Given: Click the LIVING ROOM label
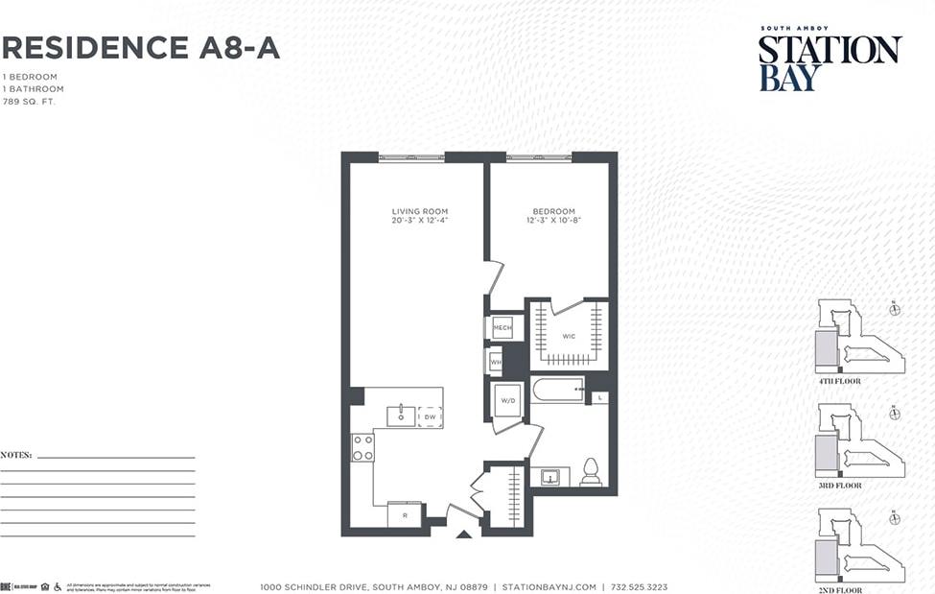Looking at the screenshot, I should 419,211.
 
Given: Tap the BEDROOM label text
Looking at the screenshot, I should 553,211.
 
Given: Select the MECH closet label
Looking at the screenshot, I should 503,329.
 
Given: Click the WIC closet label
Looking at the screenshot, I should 569,336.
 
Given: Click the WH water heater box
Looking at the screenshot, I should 496,363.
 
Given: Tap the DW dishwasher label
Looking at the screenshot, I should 430,416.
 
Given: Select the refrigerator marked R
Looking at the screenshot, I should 404,516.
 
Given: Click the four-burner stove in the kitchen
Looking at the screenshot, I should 362,447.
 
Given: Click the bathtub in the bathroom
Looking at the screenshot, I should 557,390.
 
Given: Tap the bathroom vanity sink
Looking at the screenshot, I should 549,476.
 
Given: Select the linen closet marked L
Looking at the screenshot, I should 599,397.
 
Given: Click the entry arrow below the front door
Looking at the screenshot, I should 464,533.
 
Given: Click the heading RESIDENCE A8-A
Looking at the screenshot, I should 141,47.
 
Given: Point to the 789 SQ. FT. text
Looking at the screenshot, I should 29,101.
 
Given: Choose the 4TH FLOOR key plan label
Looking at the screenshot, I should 839,381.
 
